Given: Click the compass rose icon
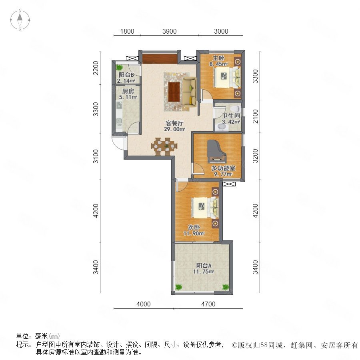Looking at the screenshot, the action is [x=20, y=20].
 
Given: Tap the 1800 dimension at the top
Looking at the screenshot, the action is [x=127, y=31].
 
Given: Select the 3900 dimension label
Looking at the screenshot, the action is [x=170, y=31].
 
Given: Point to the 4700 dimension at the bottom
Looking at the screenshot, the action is [x=208, y=304].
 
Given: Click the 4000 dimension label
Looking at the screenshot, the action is [x=144, y=304].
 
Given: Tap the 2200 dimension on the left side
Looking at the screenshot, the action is [x=96, y=68].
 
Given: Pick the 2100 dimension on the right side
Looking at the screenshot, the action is [x=255, y=116].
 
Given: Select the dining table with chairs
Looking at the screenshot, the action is [x=164, y=146].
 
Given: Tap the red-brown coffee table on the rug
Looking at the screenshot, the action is [x=174, y=92].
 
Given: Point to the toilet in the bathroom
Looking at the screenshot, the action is [x=235, y=109].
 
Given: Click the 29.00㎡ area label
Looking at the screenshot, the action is [x=174, y=129].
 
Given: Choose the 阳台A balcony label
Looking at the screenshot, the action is [x=204, y=266].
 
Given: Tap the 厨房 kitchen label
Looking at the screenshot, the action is [x=128, y=91].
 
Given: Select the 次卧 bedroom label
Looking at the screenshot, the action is [x=194, y=227].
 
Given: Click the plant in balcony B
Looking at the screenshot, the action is [x=119, y=68].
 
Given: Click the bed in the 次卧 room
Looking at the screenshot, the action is [x=205, y=208].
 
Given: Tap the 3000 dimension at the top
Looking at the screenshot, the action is [x=221, y=31].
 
